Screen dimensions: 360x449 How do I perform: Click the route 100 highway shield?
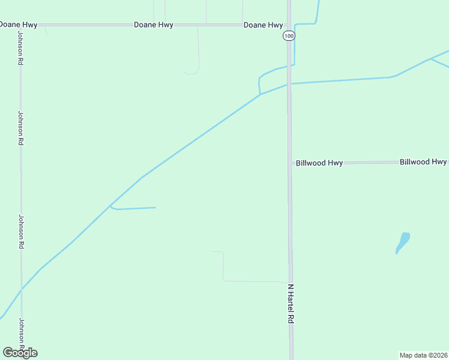click(x=289, y=37)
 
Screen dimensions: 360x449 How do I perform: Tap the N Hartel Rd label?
click(x=291, y=304)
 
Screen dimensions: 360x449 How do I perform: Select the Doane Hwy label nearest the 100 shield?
click(x=263, y=25)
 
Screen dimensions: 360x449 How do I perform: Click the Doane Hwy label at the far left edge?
click(x=19, y=25)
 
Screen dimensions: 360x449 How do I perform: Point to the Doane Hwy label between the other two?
click(x=154, y=25)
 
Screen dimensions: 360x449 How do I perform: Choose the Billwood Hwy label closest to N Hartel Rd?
click(x=319, y=163)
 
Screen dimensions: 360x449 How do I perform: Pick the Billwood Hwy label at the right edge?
click(x=423, y=162)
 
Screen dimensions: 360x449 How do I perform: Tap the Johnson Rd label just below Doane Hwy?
click(x=20, y=53)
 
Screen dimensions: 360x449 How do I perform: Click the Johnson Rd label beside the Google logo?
click(x=21, y=334)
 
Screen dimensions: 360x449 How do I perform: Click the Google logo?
click(x=20, y=353)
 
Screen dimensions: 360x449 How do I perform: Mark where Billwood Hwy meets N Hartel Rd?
click(x=290, y=163)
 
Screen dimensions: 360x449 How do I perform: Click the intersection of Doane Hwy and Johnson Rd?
click(x=20, y=25)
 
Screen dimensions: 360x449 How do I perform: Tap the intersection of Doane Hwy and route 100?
click(x=289, y=25)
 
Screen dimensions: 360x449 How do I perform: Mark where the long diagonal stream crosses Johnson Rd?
click(x=22, y=289)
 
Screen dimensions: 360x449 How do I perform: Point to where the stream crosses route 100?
click(x=289, y=83)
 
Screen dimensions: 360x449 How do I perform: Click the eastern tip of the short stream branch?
click(x=155, y=208)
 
